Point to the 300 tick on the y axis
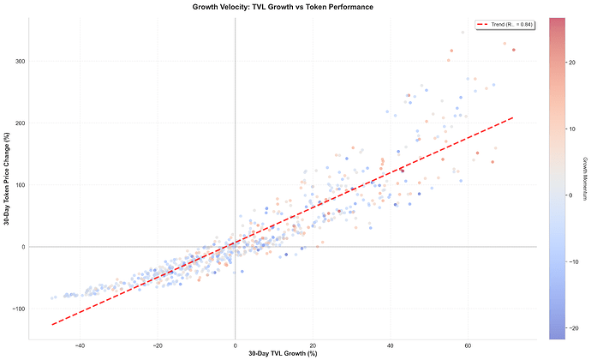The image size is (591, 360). [20, 62]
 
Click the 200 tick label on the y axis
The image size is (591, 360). [20, 123]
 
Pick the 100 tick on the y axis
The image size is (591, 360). [20, 185]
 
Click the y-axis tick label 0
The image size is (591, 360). [23, 247]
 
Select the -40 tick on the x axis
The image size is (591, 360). [80, 345]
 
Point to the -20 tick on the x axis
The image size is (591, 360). [157, 345]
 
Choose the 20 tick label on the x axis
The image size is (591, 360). [313, 345]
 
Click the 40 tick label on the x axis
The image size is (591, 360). [391, 345]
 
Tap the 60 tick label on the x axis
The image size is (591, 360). [469, 345]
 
